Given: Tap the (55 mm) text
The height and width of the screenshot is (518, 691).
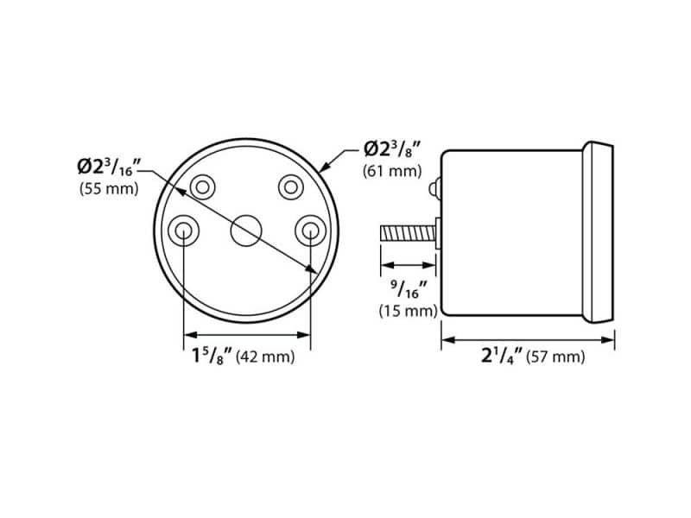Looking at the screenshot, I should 108,188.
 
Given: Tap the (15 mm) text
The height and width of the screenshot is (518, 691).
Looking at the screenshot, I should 408,311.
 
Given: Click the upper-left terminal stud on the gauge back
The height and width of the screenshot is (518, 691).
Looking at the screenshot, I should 204,186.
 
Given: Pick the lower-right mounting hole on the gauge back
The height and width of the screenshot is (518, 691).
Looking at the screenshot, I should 309,231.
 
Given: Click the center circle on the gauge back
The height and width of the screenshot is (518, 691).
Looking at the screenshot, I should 247,230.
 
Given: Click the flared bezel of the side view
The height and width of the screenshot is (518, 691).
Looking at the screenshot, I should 600,232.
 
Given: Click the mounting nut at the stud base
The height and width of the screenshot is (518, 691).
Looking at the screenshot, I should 438,233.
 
